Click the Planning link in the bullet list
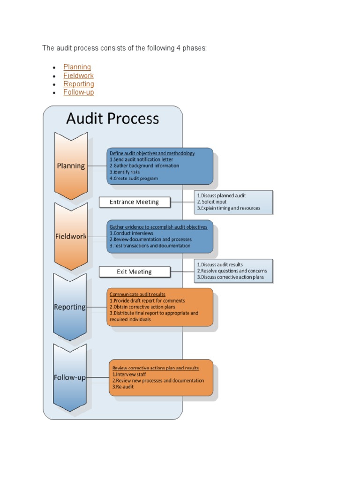77,67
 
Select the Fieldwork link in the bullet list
78,75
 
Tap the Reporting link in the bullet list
79,84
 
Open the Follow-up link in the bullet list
79,92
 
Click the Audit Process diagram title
112,119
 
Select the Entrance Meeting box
134,202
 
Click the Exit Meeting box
134,271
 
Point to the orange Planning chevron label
71,165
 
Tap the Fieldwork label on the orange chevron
71,236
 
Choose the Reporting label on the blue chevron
70,307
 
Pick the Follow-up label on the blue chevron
70,377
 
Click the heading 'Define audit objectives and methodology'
152,153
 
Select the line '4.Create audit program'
134,178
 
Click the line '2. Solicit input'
211,202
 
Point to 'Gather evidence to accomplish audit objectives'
158,227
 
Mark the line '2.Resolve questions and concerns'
232,271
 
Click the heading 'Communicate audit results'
137,294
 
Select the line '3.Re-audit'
123,387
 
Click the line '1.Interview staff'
129,375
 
